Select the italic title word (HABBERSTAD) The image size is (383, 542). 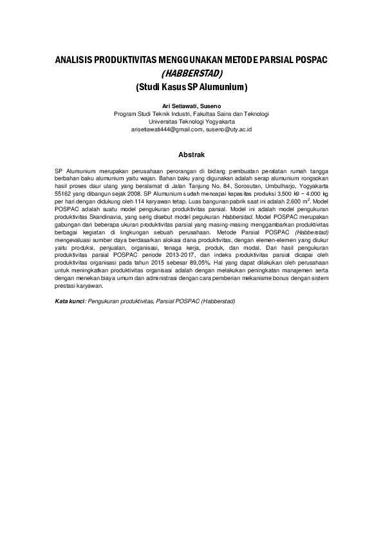point(191,73)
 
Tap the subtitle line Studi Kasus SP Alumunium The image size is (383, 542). point(191,86)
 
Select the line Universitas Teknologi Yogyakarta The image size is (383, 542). point(191,121)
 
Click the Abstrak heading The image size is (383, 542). point(191,154)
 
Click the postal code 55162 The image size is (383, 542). point(63,193)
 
